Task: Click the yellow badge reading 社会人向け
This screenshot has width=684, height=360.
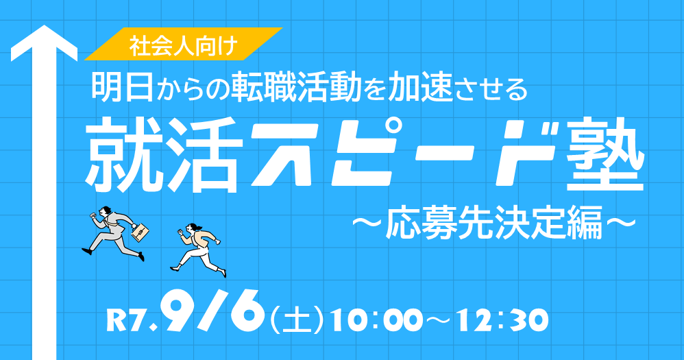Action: (x=183, y=44)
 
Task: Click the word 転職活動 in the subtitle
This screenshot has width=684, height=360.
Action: (x=296, y=87)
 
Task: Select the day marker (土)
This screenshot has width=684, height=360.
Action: (x=297, y=321)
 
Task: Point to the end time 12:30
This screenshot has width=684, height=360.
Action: (x=506, y=321)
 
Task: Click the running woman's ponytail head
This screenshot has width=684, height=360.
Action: (x=193, y=228)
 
